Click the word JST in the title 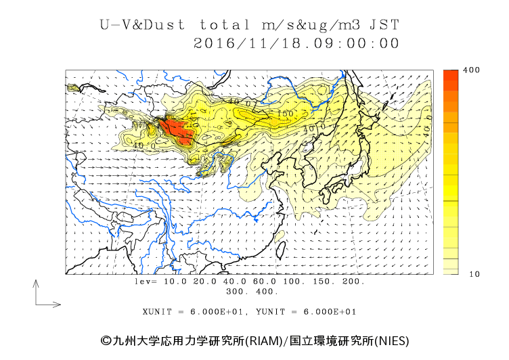click(x=383, y=25)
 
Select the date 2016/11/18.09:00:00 click(x=296, y=43)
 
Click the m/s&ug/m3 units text click(x=313, y=25)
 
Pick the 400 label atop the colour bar click(x=472, y=70)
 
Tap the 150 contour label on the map click(x=285, y=113)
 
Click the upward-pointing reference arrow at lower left click(x=35, y=291)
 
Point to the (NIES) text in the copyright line click(x=391, y=341)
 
